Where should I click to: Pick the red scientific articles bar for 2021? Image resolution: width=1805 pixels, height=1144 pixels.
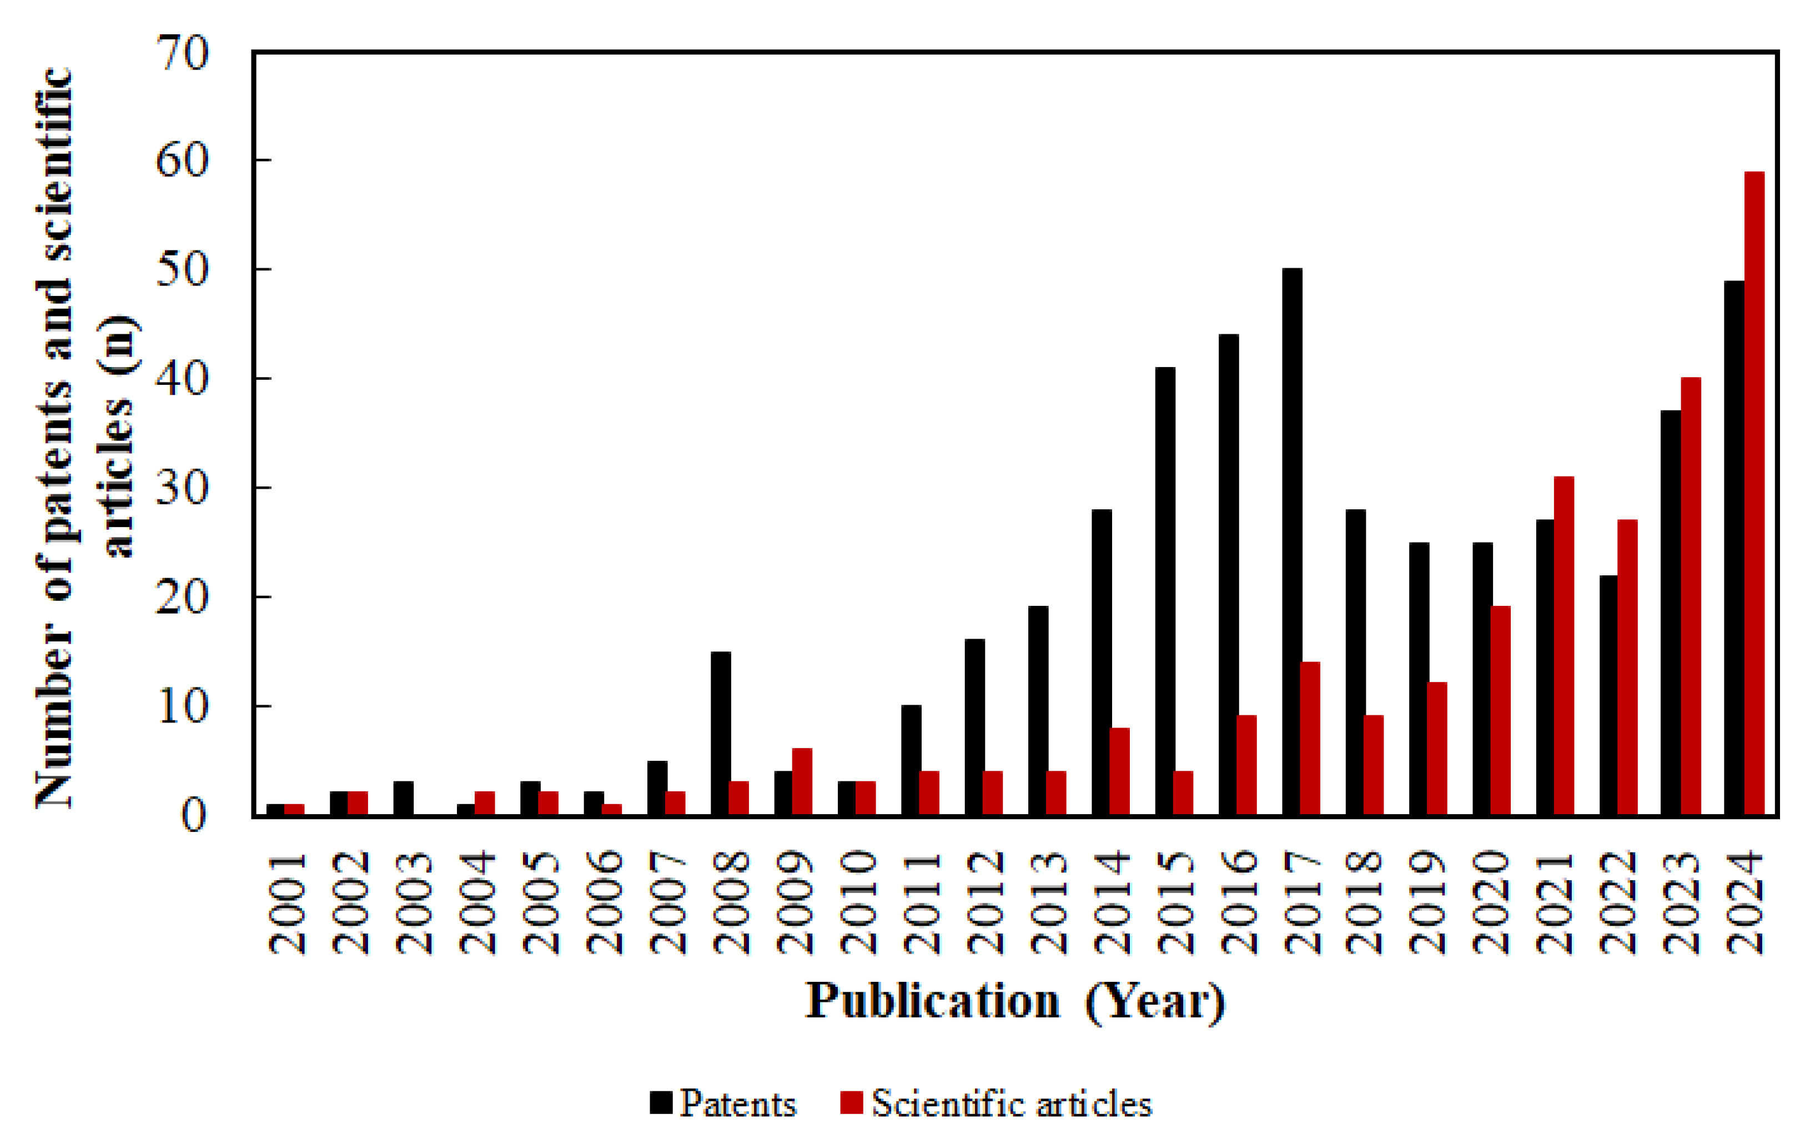1563,645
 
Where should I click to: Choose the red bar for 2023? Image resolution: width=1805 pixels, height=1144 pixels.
1691,596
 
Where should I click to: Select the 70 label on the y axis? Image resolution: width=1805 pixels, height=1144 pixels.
182,53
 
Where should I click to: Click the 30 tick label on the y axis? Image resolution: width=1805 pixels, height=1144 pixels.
182,489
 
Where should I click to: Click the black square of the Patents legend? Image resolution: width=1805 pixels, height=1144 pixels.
660,1103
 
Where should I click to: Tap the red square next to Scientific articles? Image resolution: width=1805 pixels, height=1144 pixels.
852,1103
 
